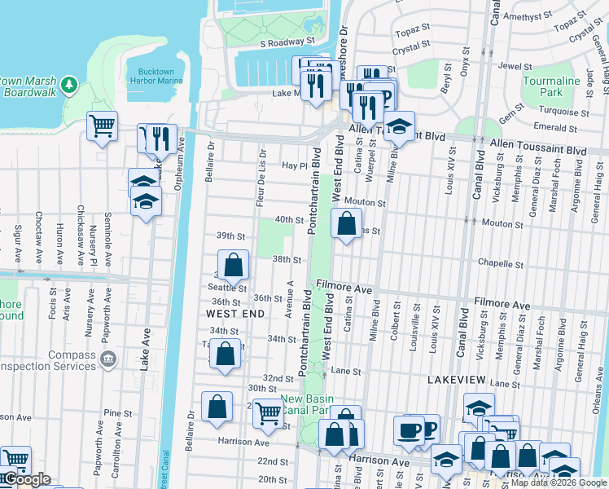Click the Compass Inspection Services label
pyautogui.click(x=61, y=361)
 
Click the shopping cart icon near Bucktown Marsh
pyautogui.click(x=103, y=126)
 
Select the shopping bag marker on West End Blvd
pyautogui.click(x=347, y=222)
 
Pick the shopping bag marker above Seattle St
pyautogui.click(x=233, y=264)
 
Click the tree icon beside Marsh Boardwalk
pyautogui.click(x=70, y=84)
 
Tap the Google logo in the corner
pyautogui.click(x=27, y=479)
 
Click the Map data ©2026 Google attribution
pyautogui.click(x=559, y=482)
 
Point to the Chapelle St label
pyautogui.click(x=500, y=264)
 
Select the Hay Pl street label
pyautogui.click(x=292, y=165)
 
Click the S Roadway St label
pyautogui.click(x=287, y=41)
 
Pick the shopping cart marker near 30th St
pyautogui.click(x=268, y=413)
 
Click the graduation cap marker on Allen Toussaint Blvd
pyautogui.click(x=399, y=126)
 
